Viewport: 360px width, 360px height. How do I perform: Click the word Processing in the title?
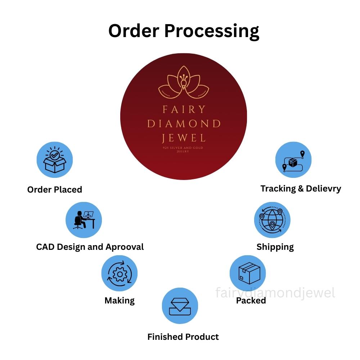tap(212, 32)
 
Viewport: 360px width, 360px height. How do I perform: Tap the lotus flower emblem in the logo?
tap(184, 82)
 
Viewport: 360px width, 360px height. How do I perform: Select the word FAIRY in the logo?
tap(184, 109)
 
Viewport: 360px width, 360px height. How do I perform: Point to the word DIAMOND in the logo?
tap(184, 124)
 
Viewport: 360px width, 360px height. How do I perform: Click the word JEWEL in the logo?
tap(184, 138)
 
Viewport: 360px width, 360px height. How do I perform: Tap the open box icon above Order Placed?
tap(55, 160)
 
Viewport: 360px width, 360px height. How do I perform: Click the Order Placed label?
tap(55, 190)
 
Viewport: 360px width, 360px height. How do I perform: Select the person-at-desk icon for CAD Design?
tap(84, 220)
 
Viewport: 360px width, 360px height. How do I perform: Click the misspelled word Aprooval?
tap(125, 247)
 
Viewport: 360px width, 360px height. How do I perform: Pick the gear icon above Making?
tap(120, 274)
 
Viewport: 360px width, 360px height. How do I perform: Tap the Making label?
tap(120, 301)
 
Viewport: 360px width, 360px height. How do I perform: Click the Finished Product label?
tap(183, 337)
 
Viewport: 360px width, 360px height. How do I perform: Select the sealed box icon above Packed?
tap(249, 273)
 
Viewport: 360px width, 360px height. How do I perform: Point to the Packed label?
tap(251, 301)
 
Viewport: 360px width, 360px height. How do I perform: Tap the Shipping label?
tap(275, 247)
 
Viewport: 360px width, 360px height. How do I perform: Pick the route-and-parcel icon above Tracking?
tap(293, 161)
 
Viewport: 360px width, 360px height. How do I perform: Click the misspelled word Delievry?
tap(324, 189)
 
